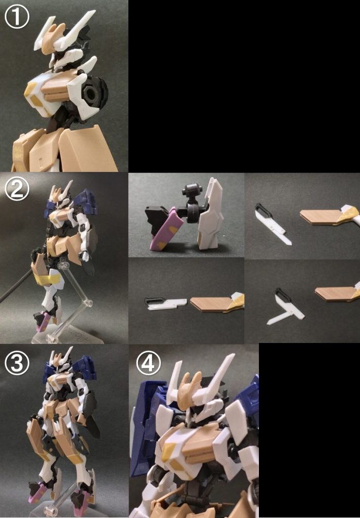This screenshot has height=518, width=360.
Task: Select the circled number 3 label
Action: coord(17,362)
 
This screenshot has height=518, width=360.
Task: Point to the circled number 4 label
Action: coord(148,363)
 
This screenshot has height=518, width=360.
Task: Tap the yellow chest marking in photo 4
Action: coord(170,451)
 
